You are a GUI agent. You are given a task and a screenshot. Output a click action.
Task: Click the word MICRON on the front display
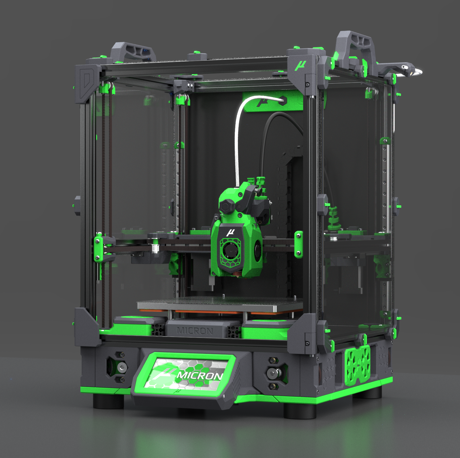200,375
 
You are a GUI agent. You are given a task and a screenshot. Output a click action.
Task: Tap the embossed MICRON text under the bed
195,331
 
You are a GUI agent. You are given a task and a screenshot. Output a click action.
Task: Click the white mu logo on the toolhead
230,232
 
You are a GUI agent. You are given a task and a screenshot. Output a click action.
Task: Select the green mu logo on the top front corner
301,66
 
